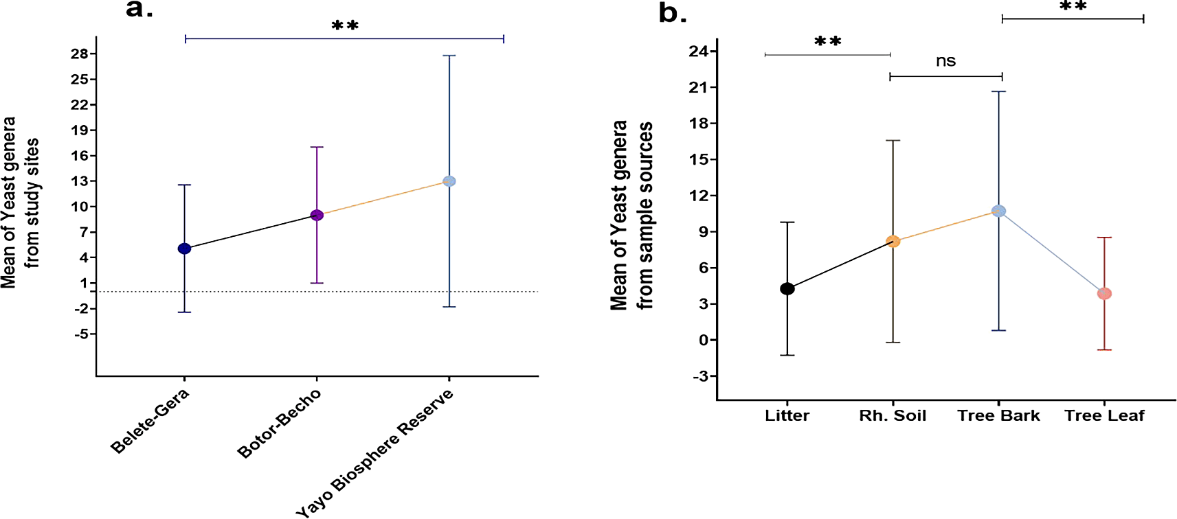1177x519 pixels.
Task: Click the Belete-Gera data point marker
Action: click(184, 249)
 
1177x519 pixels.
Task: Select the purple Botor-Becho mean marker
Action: click(317, 216)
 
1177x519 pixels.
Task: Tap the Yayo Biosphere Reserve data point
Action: click(449, 181)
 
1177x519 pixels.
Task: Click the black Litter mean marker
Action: click(787, 289)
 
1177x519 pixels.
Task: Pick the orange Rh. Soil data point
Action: click(893, 242)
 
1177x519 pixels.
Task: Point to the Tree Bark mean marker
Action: click(998, 211)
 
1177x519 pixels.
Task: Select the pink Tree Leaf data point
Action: click(1104, 294)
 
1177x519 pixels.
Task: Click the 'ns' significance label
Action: click(945, 61)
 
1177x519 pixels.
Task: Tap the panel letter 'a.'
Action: click(139, 10)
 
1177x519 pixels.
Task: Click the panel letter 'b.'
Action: click(673, 14)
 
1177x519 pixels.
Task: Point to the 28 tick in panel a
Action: click(79, 54)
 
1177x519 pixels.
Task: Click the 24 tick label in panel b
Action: click(698, 51)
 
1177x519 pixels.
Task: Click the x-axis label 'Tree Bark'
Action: click(998, 416)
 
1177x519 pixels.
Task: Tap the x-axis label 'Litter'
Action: click(787, 416)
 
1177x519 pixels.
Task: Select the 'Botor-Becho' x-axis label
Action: click(279, 424)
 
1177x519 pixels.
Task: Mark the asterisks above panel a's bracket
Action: click(345, 26)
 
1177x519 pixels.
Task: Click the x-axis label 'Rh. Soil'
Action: click(893, 416)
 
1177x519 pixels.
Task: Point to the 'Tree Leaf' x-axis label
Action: click(1104, 416)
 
